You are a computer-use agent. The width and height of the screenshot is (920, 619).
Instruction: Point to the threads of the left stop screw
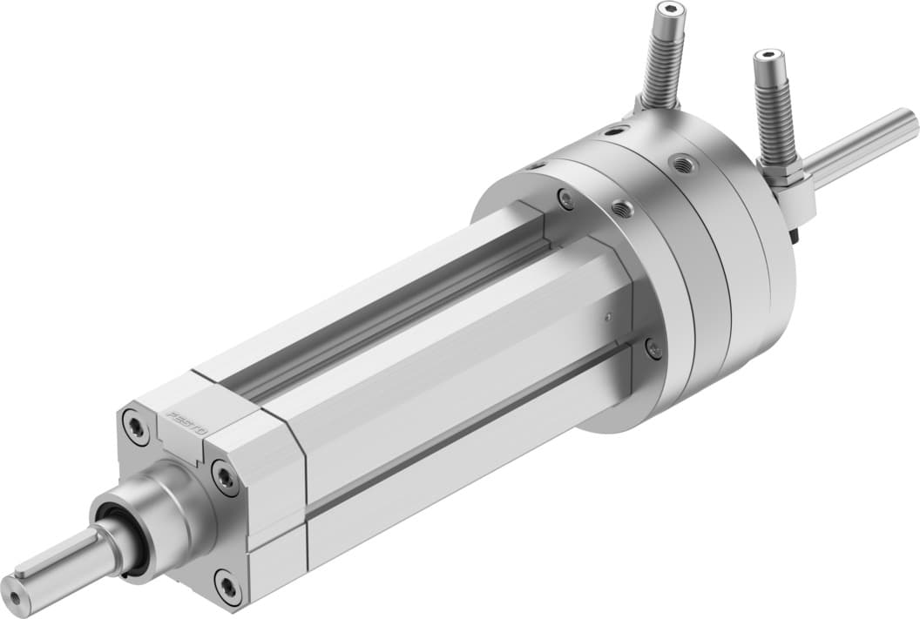(662, 61)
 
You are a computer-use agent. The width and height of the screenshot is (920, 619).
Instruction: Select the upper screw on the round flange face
(566, 199)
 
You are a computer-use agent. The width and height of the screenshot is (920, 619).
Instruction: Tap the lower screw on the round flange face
(653, 349)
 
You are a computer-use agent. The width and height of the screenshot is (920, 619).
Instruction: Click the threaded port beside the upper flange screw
(621, 208)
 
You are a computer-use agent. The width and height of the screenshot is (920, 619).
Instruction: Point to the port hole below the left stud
(615, 131)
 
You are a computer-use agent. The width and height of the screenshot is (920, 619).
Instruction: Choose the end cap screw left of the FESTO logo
(136, 427)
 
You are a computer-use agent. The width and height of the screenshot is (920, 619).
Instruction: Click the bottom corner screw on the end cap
(228, 587)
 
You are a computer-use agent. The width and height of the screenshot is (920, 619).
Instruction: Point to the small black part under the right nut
(794, 232)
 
